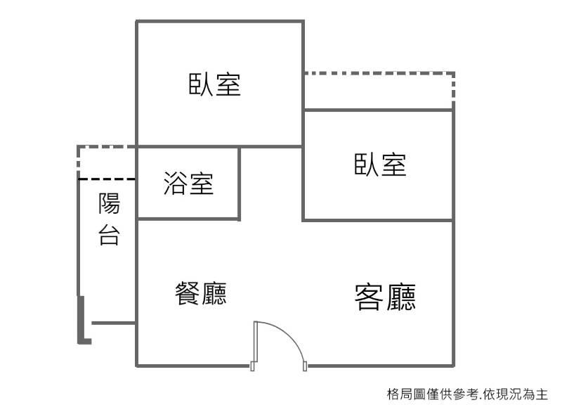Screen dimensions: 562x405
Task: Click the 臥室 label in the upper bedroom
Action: click(215, 84)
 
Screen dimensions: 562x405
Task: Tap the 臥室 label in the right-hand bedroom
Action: click(380, 165)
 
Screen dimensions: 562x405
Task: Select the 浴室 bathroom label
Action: click(188, 184)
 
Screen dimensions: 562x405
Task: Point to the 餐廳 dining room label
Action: click(201, 293)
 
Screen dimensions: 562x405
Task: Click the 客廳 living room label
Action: click(385, 297)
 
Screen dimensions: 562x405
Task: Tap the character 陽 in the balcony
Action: click(109, 203)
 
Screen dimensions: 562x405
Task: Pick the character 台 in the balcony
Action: click(109, 235)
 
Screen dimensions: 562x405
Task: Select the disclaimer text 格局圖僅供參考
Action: click(433, 394)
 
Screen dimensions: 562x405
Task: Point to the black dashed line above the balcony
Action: click(107, 179)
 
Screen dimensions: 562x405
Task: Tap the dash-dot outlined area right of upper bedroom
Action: click(379, 91)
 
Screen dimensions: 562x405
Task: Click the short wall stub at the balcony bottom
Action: click(113, 323)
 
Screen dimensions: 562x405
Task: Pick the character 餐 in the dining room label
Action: click(187, 293)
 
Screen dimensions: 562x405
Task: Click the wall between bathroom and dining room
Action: click(188, 219)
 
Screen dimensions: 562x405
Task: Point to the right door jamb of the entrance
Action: click(305, 366)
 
